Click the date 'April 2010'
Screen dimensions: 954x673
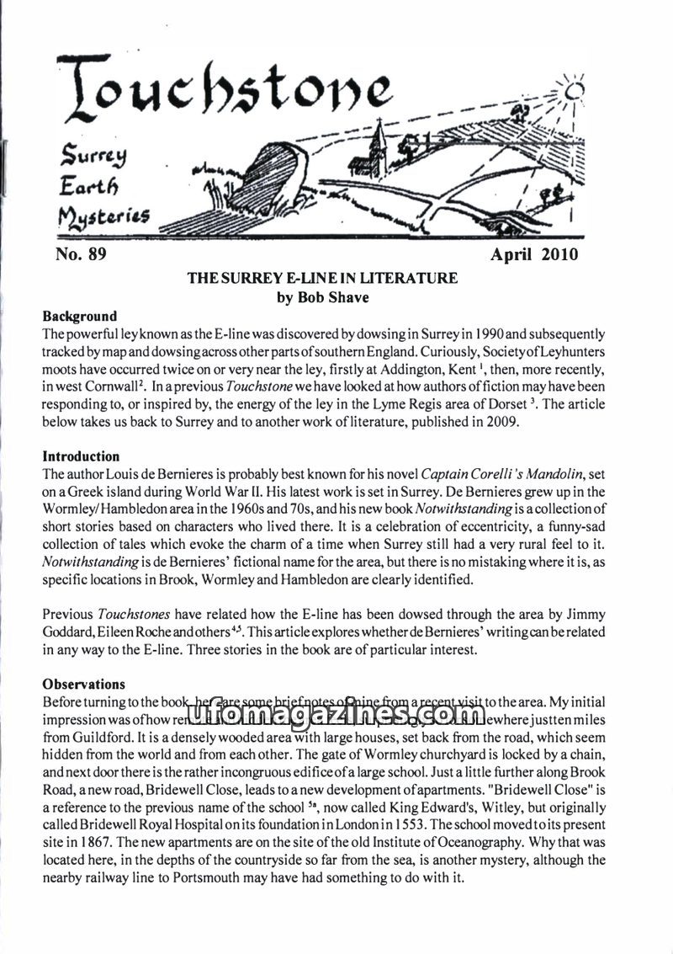(x=534, y=255)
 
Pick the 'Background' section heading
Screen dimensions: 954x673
(x=80, y=317)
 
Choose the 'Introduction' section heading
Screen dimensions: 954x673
(x=81, y=456)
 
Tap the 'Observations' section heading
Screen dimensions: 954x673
(x=83, y=684)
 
